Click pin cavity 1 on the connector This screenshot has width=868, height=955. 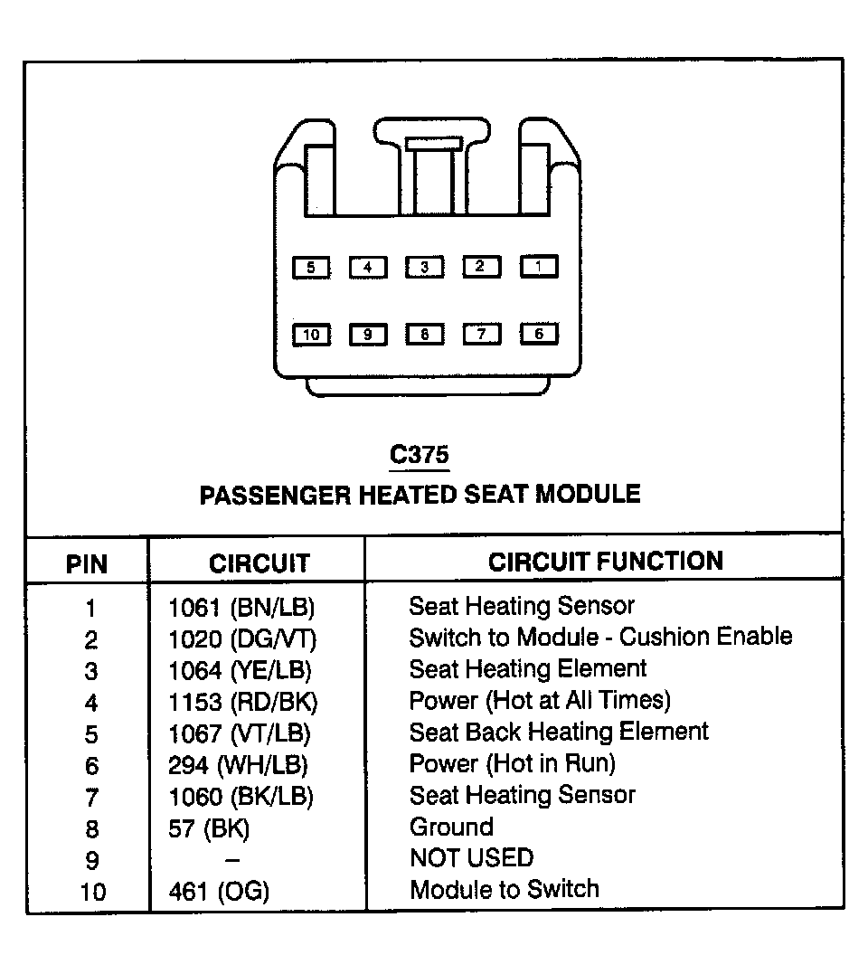point(539,267)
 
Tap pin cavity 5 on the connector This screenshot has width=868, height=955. point(311,268)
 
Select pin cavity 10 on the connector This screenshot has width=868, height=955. point(311,335)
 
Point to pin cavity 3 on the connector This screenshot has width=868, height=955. point(425,267)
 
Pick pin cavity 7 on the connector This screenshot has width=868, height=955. point(482,335)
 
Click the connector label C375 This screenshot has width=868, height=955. point(419,455)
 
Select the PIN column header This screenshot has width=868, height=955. point(87,565)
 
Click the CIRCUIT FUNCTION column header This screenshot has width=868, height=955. point(606,562)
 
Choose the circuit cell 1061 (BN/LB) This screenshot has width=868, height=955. point(241,607)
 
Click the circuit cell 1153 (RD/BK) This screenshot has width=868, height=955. point(243,701)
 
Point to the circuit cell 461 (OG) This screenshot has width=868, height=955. point(219,891)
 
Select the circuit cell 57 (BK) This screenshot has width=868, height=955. point(209,827)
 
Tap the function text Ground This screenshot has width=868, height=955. point(451,827)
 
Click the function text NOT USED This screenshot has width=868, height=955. point(471,858)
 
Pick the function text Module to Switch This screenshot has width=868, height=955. point(504,889)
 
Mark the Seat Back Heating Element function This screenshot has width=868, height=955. point(559,732)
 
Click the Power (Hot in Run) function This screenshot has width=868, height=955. point(512,763)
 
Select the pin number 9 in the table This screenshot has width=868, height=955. point(91,860)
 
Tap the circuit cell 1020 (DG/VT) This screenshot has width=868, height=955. point(242,638)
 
